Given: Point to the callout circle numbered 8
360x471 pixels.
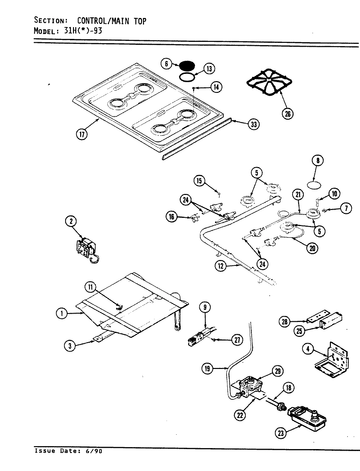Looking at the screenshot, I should (x=318, y=160).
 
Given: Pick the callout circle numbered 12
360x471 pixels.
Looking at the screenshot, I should (x=221, y=266).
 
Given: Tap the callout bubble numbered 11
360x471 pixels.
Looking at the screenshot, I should (x=91, y=287).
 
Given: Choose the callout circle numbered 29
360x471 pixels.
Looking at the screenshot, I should (x=278, y=371).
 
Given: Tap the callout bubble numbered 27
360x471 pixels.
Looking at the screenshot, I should (x=237, y=340).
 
